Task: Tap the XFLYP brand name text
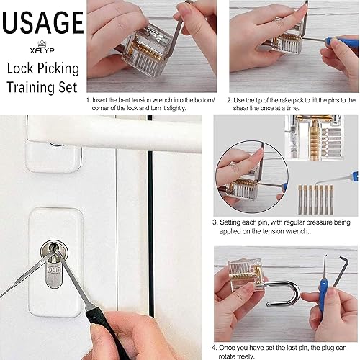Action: [42, 50]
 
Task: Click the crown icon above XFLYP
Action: [42, 43]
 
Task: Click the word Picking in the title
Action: [58, 69]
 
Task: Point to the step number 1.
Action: [88, 100]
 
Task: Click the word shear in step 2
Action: [240, 108]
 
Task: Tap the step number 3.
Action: [215, 222]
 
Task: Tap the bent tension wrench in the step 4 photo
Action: [341, 271]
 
